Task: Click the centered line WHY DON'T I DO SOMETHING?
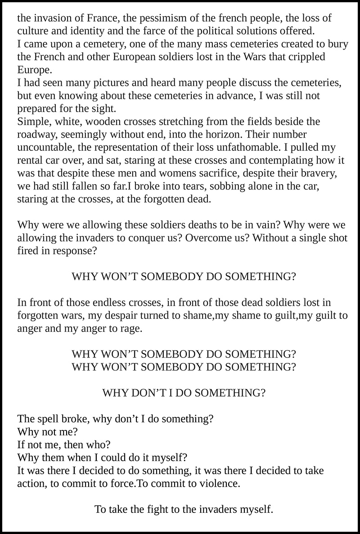(x=184, y=393)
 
